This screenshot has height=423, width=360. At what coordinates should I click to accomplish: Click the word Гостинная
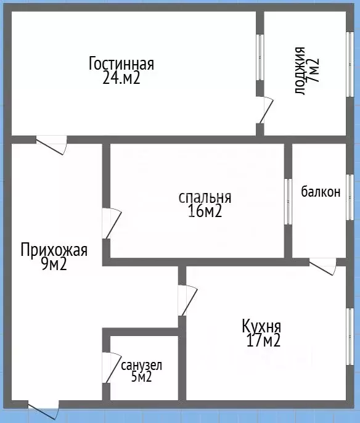tap(121, 64)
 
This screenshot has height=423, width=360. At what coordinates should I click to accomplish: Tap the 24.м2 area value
tap(121, 78)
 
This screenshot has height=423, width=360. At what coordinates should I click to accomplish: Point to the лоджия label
tap(300, 70)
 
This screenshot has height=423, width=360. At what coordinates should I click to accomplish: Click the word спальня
tap(205, 197)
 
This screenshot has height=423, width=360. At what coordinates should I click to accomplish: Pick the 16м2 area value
tap(205, 212)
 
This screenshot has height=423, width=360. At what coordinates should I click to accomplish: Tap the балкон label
tap(321, 192)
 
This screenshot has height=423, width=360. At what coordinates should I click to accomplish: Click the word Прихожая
tap(54, 250)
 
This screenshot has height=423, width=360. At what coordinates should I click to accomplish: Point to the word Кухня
tap(262, 326)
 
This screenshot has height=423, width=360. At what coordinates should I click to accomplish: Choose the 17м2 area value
tap(262, 340)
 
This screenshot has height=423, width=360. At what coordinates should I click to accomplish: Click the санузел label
tap(141, 365)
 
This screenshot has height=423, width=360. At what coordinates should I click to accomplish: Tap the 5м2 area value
tap(141, 377)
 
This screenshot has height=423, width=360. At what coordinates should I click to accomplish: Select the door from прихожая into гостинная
tap(52, 144)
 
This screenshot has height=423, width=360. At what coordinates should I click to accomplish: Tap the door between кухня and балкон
tap(322, 266)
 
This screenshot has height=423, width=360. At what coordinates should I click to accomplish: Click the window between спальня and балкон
tap(288, 201)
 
